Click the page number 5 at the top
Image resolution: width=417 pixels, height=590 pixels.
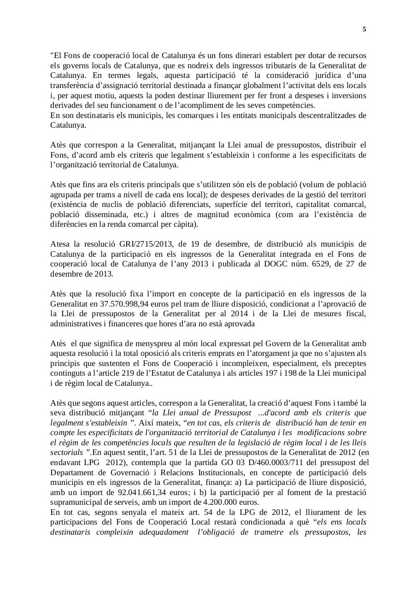click(x=364, y=29)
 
